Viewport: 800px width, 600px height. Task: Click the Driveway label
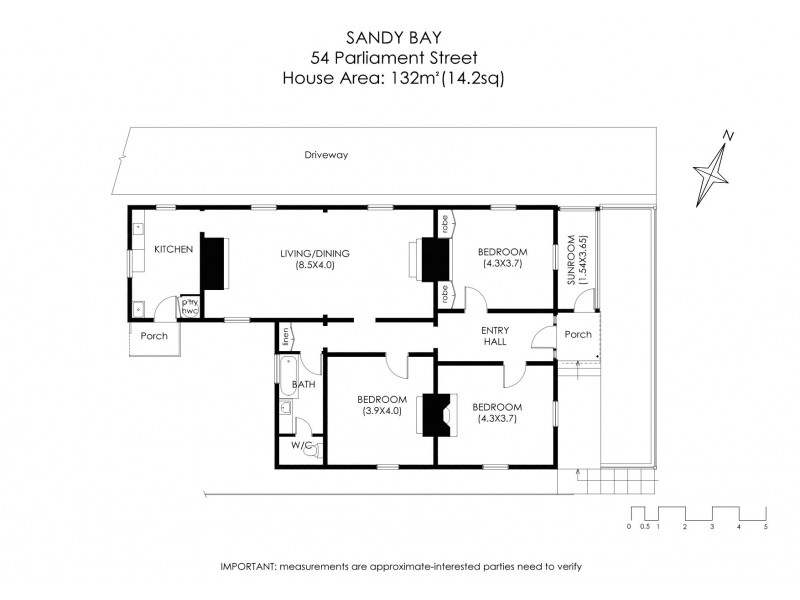(327, 155)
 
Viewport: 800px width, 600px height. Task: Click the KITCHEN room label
(172, 249)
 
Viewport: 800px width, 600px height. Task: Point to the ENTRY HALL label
(494, 336)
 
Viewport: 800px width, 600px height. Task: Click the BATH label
(303, 384)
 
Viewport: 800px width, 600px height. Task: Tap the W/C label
(301, 445)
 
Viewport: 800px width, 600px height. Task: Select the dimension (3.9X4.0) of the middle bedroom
(380, 410)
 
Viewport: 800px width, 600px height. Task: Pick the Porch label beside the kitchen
(153, 336)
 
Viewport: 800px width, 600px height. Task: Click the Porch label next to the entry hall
(577, 334)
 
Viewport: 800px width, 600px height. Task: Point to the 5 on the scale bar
(765, 525)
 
